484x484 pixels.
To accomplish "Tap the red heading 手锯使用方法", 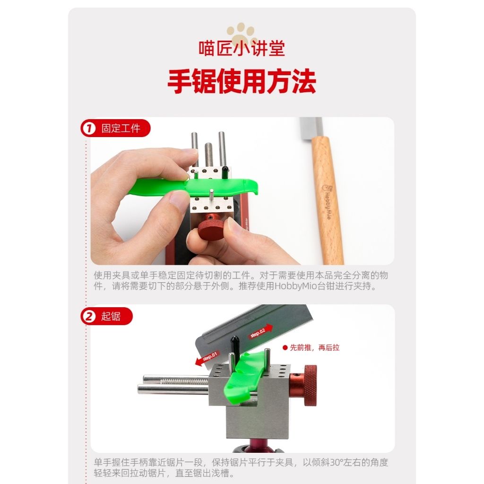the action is pyautogui.click(x=242, y=81).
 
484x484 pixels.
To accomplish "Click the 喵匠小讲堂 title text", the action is pyautogui.click(x=242, y=48).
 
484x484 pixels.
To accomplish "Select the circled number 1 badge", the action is pyautogui.click(x=89, y=128).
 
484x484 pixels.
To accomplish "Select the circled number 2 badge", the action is pyautogui.click(x=89, y=316).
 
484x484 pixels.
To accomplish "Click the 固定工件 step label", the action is pyautogui.click(x=121, y=128).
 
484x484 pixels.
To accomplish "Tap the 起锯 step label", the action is pyautogui.click(x=111, y=316).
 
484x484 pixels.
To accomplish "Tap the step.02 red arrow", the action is pyautogui.click(x=260, y=331).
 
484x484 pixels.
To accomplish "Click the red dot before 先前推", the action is pyautogui.click(x=285, y=347).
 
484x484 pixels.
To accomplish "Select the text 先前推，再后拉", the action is pyautogui.click(x=314, y=347).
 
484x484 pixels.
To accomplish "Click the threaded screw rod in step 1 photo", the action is pyautogui.click(x=209, y=155).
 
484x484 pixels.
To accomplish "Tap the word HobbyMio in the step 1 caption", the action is pyautogui.click(x=296, y=286).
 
